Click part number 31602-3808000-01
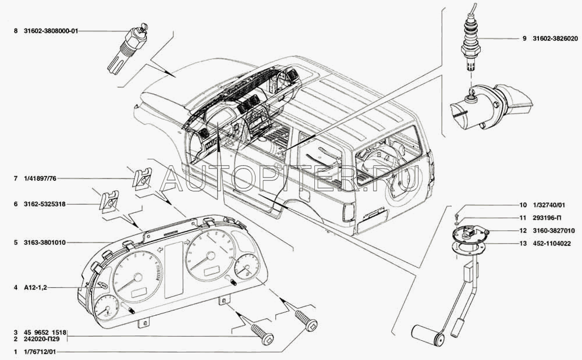tap(49, 31)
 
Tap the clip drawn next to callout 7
tap(141, 178)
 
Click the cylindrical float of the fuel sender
tap(428, 334)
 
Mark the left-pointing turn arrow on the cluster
tap(158, 249)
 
